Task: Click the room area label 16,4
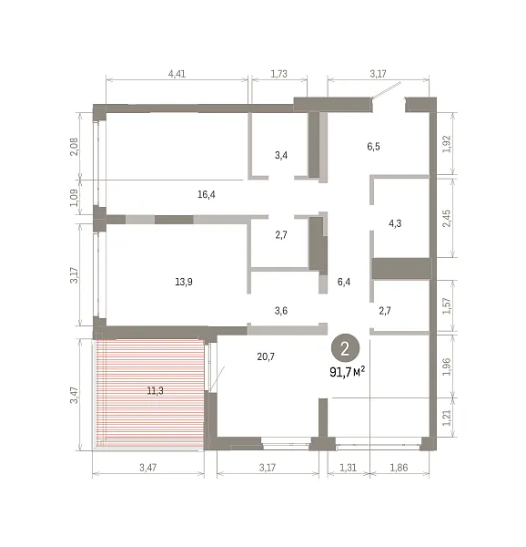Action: pos(206,194)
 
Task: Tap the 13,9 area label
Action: pos(184,282)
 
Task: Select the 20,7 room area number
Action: pos(266,356)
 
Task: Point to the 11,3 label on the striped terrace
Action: pos(155,391)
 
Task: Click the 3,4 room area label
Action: pos(281,155)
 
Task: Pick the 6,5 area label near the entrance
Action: pos(373,147)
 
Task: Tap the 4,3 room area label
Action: pos(395,223)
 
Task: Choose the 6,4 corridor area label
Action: pos(344,282)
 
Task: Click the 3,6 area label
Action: pos(281,311)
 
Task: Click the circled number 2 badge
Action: pos(345,348)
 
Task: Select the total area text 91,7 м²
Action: pos(347,372)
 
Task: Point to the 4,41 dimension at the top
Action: pos(177,74)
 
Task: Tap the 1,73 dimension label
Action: pos(278,74)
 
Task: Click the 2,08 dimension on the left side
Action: pos(75,147)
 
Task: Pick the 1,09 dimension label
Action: pos(75,198)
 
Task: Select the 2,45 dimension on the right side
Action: pos(446,219)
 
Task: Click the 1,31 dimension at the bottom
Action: pos(348,468)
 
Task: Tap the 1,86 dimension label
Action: pos(399,468)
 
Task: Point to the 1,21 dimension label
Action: pos(446,418)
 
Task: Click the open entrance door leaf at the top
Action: pos(387,90)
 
